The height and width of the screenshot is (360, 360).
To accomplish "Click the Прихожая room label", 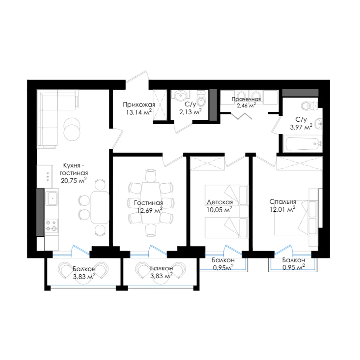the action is coord(139,105).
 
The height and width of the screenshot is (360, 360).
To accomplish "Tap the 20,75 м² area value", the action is coord(74,180).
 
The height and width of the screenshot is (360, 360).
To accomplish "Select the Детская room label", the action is coord(220,202).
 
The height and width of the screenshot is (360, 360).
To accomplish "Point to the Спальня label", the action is coord(283,202).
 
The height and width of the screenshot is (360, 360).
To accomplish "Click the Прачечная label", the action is coord(246,99).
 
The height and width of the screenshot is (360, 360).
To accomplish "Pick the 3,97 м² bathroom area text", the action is coord(301,127).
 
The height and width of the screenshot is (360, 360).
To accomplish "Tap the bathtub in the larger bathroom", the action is coord(303,144).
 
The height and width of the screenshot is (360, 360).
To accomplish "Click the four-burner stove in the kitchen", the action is coord(51,226).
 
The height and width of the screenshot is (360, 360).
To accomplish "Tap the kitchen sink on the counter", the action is coord(51,198).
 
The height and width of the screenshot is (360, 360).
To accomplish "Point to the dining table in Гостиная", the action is coord(150,203).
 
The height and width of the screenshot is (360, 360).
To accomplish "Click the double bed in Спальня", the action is coord(296,217).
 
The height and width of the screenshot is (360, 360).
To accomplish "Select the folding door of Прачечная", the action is coord(242,116).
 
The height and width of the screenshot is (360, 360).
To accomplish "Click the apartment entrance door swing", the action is coord(137,78).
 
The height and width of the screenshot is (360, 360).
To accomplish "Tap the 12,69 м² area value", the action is coord(150,210).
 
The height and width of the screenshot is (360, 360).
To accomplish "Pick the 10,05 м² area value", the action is coord(219,210).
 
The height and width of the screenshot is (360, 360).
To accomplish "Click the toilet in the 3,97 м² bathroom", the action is coord(309,105).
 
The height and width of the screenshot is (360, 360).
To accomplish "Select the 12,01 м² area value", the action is coord(282,209).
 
